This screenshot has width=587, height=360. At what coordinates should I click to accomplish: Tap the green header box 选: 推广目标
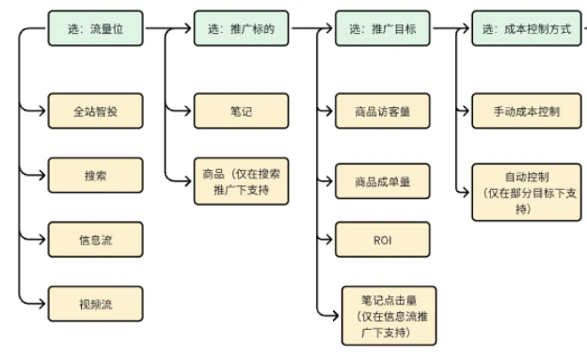click(382, 29)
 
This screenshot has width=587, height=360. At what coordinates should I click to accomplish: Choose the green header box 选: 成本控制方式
click(526, 29)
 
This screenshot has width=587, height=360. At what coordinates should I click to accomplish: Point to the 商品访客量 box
click(382, 112)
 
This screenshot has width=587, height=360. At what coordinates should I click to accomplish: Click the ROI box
click(382, 240)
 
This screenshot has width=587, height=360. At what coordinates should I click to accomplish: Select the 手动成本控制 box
click(526, 112)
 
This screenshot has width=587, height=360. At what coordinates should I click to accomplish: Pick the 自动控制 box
click(526, 191)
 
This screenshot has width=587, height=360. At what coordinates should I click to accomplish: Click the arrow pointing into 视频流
click(36, 303)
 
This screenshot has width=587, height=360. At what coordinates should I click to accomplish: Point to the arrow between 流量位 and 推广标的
click(169, 29)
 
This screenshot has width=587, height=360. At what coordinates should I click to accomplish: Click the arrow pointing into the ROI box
click(325, 240)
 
